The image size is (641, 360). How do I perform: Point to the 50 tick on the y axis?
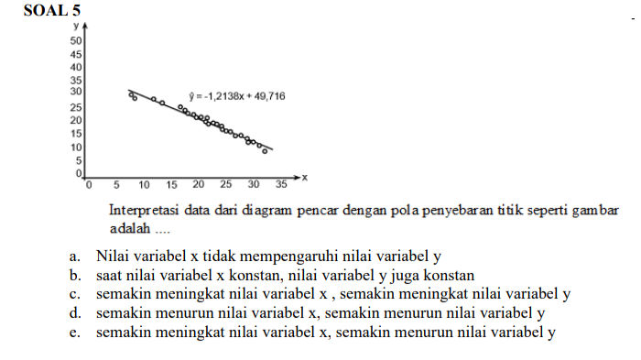(77, 41)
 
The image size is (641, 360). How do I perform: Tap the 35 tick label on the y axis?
(77, 80)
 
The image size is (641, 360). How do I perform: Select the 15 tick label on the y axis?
(77, 134)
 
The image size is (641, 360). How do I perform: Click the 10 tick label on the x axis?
(144, 184)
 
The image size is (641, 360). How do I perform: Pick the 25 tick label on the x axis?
(225, 184)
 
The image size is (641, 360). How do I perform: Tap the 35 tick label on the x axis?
(281, 184)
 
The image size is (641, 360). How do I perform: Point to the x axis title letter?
(304, 175)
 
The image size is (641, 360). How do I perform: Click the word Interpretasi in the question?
(139, 210)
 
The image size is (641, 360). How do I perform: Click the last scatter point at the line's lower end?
(265, 150)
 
